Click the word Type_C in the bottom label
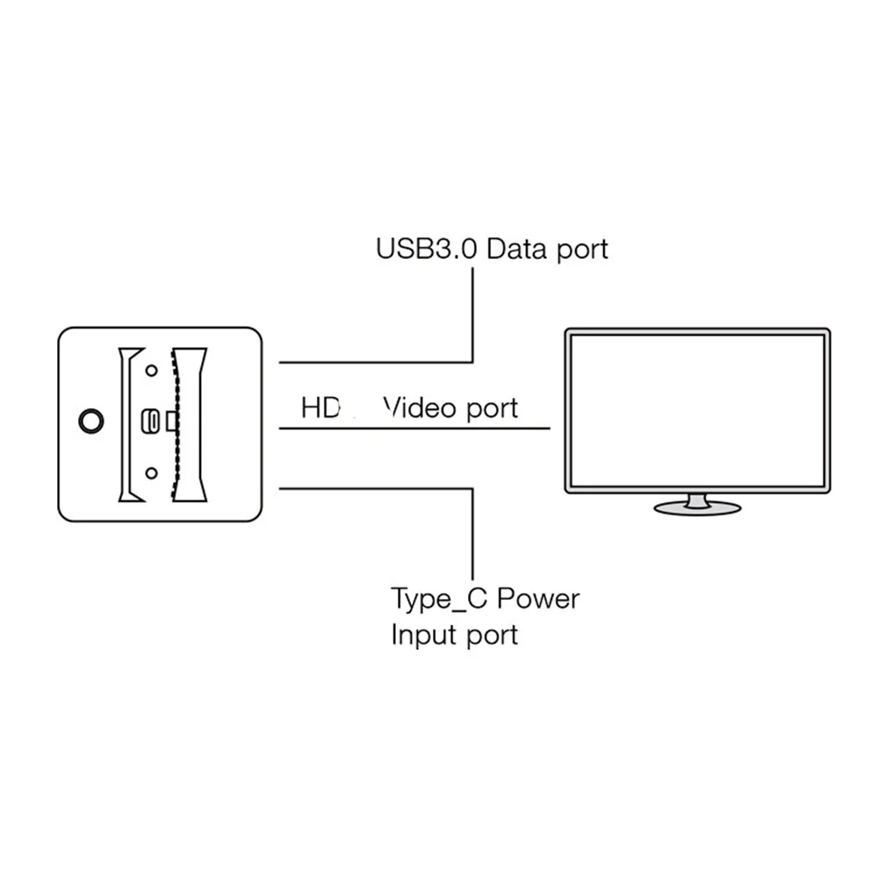click(x=439, y=600)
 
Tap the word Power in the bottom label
click(x=538, y=600)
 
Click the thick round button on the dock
click(x=91, y=421)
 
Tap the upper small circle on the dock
click(x=151, y=371)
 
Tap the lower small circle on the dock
click(x=151, y=473)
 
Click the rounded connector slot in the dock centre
click(x=152, y=422)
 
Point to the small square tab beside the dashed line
click(x=172, y=422)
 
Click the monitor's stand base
click(x=697, y=508)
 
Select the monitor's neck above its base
click(x=697, y=499)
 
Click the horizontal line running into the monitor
click(x=413, y=428)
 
